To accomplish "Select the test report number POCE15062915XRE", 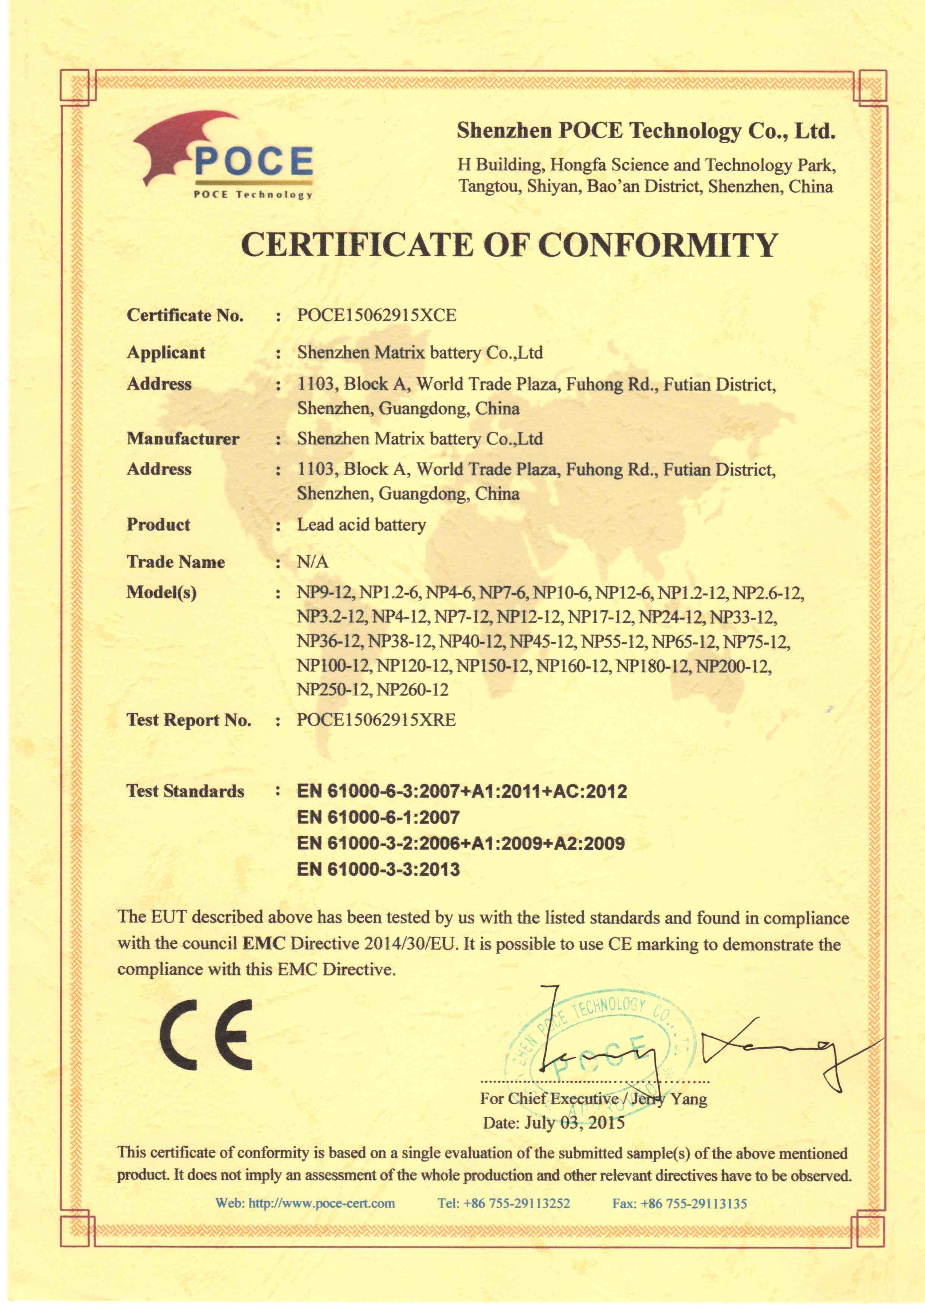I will [376, 720].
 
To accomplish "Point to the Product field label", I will [158, 524].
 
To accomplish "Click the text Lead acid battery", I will [361, 524].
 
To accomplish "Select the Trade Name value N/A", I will [312, 562].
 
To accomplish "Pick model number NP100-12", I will [334, 666].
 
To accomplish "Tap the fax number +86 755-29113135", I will [693, 1203].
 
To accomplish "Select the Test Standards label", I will [185, 791].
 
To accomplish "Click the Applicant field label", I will [166, 352].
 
